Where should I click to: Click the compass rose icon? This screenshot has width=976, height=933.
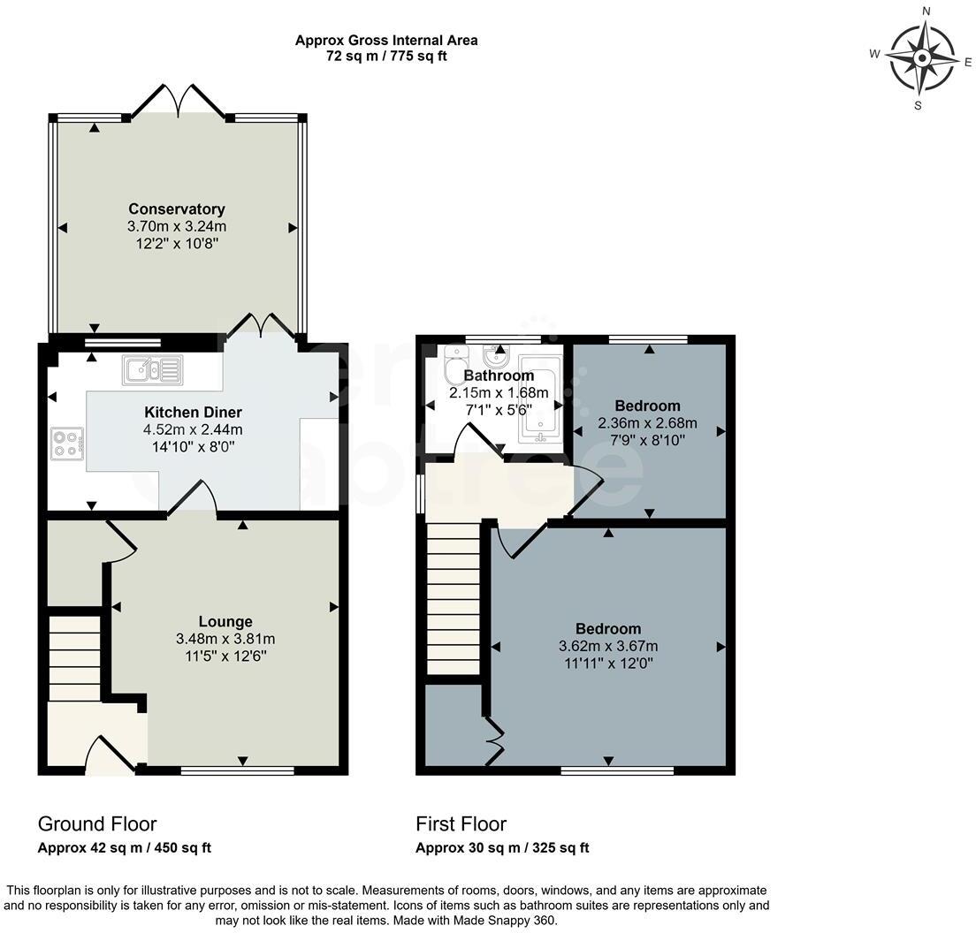(921, 59)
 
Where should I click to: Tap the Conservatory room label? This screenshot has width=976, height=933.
(177, 209)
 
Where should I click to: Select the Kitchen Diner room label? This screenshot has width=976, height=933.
(193, 413)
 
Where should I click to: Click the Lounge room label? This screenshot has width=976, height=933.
(225, 622)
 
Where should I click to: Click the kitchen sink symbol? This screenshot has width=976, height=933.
(152, 369)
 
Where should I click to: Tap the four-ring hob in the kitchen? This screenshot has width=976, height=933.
(67, 442)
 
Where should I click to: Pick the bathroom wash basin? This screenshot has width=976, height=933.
(495, 357)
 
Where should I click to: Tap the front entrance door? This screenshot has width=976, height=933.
(111, 755)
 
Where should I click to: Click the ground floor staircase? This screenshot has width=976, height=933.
(74, 658)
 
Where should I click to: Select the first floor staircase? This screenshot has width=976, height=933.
(453, 599)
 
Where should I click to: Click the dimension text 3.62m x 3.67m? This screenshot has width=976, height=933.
(607, 646)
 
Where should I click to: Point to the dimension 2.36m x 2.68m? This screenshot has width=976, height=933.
(648, 422)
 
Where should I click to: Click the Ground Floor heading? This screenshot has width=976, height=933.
(96, 824)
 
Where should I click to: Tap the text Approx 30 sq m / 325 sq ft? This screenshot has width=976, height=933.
(502, 848)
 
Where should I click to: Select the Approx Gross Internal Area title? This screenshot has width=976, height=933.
(386, 40)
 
